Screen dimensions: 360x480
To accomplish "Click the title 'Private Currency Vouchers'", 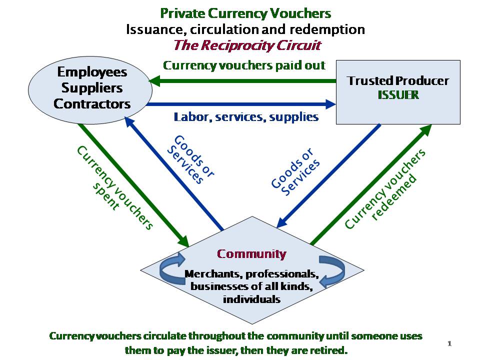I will pos(245,13).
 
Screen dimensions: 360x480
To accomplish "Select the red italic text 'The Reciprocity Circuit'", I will pos(247,45).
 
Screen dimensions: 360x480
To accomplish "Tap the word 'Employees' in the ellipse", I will pos(91,72).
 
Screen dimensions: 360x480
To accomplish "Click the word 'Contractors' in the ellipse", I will pos(92,104).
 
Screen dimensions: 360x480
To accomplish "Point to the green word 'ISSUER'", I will pos(398,94).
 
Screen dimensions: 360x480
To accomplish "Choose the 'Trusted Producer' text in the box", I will pos(398,80).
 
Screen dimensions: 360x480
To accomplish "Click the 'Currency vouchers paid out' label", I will pos(244,65).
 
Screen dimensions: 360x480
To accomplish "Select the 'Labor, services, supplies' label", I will pos(246,117).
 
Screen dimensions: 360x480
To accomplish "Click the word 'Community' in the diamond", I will pos(251,253).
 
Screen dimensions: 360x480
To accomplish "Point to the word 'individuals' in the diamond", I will pos(251,299).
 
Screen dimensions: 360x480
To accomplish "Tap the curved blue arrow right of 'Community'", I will pos(331,271).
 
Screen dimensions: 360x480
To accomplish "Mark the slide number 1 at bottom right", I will pos(449,343).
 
